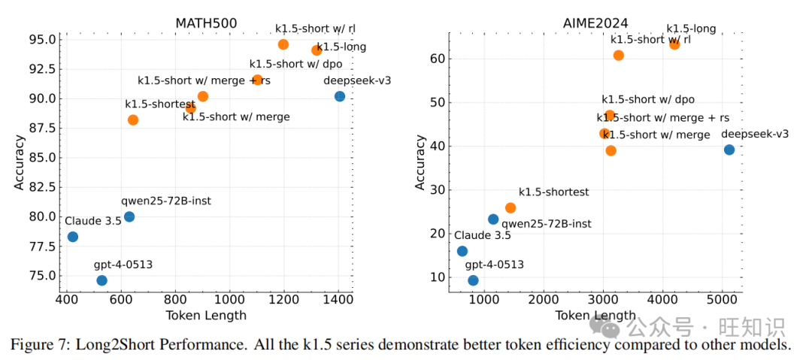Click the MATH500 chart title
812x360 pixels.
tap(206, 23)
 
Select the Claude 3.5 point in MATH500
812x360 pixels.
tap(72, 237)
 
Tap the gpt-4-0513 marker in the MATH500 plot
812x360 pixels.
tap(101, 280)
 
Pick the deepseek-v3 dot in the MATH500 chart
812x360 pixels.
tap(339, 96)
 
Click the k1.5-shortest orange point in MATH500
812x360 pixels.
tap(133, 119)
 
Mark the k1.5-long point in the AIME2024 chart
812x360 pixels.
tap(674, 44)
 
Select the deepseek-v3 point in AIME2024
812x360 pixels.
tap(729, 150)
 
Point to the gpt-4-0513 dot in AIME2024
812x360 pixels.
tap(473, 280)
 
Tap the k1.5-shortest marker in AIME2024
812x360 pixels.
tap(511, 207)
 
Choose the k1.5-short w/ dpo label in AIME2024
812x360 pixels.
tap(647, 99)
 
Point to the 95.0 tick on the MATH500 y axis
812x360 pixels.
tap(41, 39)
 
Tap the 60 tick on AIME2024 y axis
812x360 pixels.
tap(436, 59)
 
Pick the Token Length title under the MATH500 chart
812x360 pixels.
tap(205, 316)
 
